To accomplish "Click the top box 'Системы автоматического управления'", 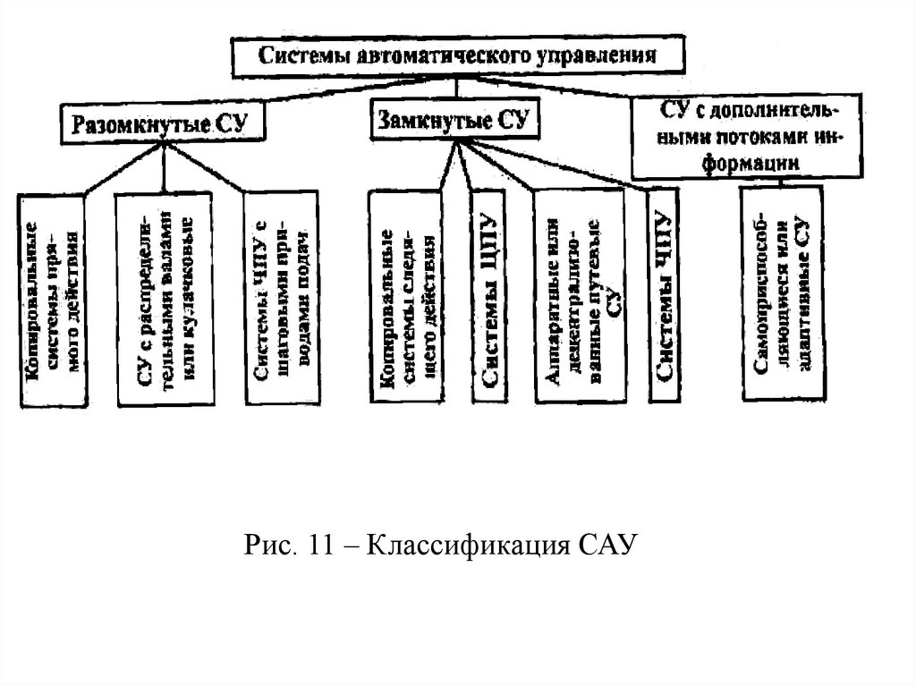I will click(x=458, y=56).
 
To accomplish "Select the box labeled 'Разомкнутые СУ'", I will click(x=165, y=123).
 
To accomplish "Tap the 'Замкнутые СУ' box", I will click(x=454, y=121).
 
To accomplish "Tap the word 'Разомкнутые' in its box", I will click(x=141, y=123).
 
